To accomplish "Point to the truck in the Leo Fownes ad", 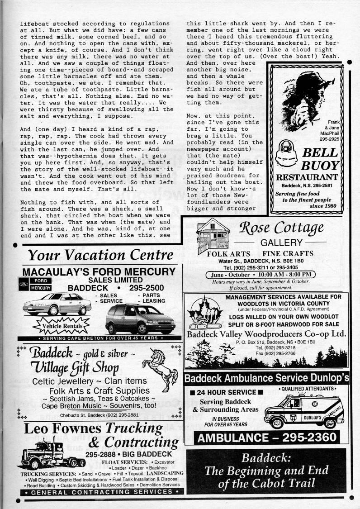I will point(52,454).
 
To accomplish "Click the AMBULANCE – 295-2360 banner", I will point(267,438).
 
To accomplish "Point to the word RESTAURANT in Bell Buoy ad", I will point(307,177).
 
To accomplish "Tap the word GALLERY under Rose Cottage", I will point(280,243).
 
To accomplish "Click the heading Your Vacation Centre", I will point(100,255).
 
